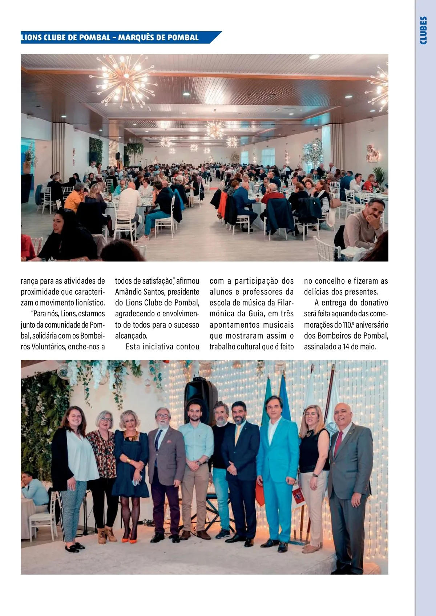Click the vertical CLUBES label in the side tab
point(423,31)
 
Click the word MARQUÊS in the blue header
point(137,38)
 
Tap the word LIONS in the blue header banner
point(31,38)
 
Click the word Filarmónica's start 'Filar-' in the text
point(286,303)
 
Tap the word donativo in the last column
point(374,303)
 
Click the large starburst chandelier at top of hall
point(124,78)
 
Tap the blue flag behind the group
point(284,400)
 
